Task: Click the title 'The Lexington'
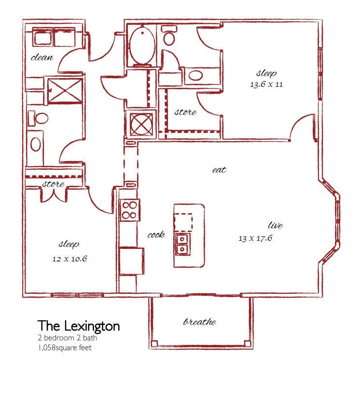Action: click(x=79, y=326)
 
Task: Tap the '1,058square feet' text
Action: click(x=64, y=347)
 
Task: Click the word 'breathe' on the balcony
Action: click(x=199, y=322)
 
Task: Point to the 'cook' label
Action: click(x=156, y=235)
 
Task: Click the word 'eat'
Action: click(x=219, y=170)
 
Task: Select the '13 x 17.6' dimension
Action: click(x=256, y=238)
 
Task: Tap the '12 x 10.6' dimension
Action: click(x=69, y=259)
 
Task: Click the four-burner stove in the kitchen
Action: click(x=130, y=210)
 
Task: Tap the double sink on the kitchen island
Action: click(x=182, y=244)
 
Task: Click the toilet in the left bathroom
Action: click(x=38, y=118)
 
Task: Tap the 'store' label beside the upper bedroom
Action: click(x=185, y=112)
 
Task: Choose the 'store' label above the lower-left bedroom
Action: click(x=53, y=184)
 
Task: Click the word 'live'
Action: click(x=275, y=225)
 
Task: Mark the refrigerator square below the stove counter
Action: click(x=131, y=260)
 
